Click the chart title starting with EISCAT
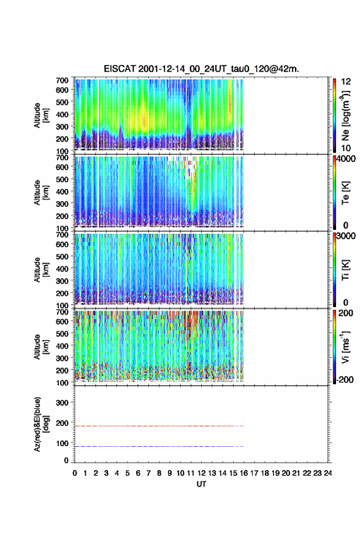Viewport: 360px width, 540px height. [x=201, y=69]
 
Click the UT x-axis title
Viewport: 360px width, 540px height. [x=201, y=484]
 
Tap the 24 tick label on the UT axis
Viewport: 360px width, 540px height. [x=327, y=473]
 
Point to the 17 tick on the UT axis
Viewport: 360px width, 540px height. [x=254, y=473]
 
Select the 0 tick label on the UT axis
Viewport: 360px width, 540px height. [x=75, y=473]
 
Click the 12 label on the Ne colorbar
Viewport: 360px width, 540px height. [x=346, y=82]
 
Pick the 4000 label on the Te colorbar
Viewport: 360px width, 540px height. [x=347, y=159]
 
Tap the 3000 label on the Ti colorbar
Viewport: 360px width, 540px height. [x=347, y=236]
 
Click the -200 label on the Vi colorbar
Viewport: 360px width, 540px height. [x=345, y=379]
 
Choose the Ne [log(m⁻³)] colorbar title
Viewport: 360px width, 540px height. [x=345, y=116]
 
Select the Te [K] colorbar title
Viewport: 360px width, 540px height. [x=345, y=193]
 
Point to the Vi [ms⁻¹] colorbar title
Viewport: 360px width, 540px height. [x=345, y=347]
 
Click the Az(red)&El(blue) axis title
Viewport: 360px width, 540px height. [x=40, y=425]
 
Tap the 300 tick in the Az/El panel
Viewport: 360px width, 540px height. [x=63, y=403]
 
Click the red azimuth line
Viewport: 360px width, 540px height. [x=159, y=426]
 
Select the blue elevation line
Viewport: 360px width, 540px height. [x=159, y=446]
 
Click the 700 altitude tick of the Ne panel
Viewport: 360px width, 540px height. [x=63, y=80]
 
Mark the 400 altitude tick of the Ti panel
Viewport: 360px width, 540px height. [x=63, y=269]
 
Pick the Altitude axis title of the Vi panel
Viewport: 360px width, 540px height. [x=40, y=347]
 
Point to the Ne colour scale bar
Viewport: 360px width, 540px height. [x=334, y=116]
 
